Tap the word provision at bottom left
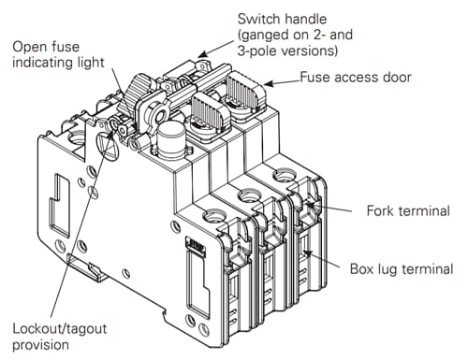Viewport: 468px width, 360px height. (x=40, y=347)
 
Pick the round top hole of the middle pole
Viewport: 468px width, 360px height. (x=248, y=194)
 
